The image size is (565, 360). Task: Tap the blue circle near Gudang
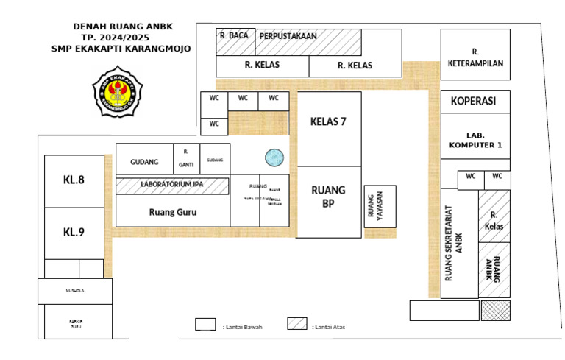274,156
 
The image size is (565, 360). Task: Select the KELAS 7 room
328,122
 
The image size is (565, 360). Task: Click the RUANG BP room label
328,197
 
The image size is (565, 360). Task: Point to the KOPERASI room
475,101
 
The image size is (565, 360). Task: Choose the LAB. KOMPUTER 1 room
475,140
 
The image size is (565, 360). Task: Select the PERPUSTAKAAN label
288,35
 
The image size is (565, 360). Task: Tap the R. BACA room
235,35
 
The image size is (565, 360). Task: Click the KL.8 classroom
74,179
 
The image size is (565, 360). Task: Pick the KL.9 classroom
74,232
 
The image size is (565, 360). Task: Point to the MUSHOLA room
76,291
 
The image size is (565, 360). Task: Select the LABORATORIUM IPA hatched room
172,185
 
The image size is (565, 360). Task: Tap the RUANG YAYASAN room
380,206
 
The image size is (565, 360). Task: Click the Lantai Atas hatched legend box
297,325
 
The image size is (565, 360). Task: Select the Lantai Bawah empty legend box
205,325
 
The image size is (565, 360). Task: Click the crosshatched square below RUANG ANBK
495,310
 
